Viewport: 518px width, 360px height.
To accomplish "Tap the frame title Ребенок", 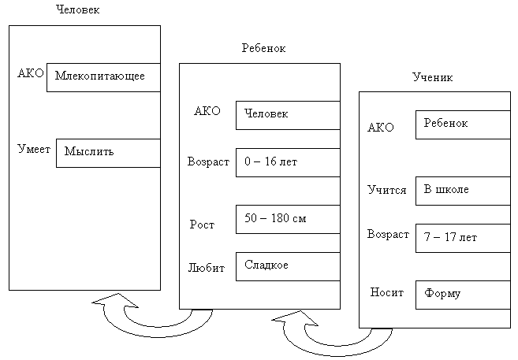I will [x=263, y=48].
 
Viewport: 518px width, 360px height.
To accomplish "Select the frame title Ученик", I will [x=432, y=77].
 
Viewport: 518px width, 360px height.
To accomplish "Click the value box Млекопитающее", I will [x=103, y=78].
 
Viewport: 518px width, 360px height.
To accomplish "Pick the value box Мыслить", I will [x=108, y=152].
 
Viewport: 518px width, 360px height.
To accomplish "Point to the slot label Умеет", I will [x=34, y=148].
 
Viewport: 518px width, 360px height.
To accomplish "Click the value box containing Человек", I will [x=288, y=115].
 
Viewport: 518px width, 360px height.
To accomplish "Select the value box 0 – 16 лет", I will [x=288, y=162].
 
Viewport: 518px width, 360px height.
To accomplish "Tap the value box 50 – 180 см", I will [x=288, y=219].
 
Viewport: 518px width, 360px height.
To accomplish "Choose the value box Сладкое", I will [x=288, y=265].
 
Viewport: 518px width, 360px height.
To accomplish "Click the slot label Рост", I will [x=202, y=225].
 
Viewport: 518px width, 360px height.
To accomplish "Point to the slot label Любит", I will [x=206, y=268].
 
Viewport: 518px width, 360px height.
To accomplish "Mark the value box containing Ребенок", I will [x=463, y=124].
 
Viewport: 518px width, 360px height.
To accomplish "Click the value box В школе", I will [x=463, y=191].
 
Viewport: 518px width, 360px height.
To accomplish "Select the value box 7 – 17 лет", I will [x=463, y=237].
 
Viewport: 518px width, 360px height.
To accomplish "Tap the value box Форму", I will [x=463, y=294].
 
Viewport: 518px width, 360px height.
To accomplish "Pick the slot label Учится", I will [x=387, y=190].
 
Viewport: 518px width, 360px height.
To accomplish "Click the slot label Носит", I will [x=387, y=292].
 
